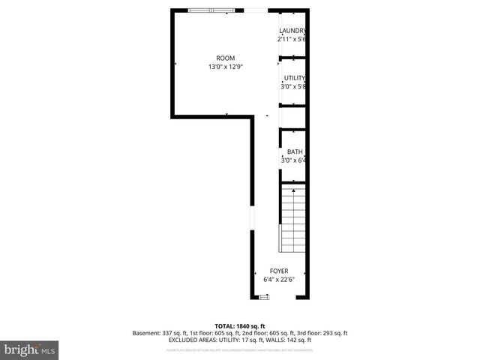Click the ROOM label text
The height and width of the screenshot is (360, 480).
pos(225,58)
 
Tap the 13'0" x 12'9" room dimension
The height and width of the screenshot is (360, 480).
pos(225,67)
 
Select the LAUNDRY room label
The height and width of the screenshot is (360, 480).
pos(292,31)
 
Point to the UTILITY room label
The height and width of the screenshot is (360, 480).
pos(294,78)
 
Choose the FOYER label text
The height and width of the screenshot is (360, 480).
pos(279,271)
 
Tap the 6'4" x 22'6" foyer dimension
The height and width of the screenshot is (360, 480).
pos(279,279)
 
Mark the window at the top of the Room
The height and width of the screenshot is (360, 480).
pos(211,10)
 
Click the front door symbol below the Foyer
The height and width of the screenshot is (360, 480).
pos(264,297)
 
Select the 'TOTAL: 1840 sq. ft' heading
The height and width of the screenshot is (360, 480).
pos(240,326)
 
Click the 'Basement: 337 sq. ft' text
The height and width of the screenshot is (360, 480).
pos(159,333)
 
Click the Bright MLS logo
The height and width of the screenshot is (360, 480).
pos(30,349)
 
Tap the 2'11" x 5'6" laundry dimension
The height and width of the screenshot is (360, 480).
pos(292,38)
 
